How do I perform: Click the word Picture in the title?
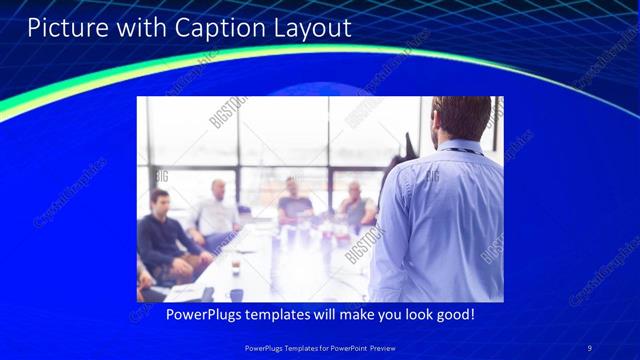pyautogui.click(x=62, y=27)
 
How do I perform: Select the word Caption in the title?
pyautogui.click(x=213, y=27)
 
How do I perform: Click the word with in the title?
pyautogui.click(x=136, y=27)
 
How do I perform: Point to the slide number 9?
pyautogui.click(x=589, y=347)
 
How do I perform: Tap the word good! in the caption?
pyautogui.click(x=453, y=314)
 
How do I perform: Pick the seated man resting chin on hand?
pyautogui.click(x=354, y=205)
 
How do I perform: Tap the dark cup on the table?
pyautogui.click(x=236, y=267)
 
